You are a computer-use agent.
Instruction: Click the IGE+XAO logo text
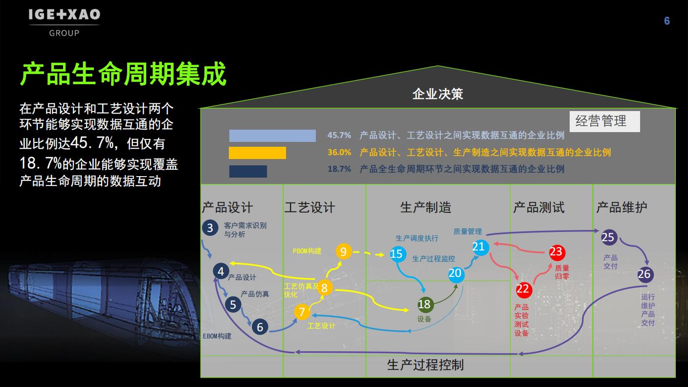pyautogui.click(x=65, y=15)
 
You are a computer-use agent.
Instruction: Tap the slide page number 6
pyautogui.click(x=667, y=21)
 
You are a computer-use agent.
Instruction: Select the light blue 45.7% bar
pyautogui.click(x=272, y=136)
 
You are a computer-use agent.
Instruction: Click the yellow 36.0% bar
pyautogui.click(x=257, y=153)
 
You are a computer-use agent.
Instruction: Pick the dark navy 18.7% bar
pyautogui.click(x=248, y=171)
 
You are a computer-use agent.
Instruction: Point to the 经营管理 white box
pyautogui.click(x=605, y=121)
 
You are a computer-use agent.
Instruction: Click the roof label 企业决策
pyautogui.click(x=437, y=94)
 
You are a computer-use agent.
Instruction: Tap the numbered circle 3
pyautogui.click(x=210, y=228)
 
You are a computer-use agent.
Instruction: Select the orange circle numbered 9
pyautogui.click(x=343, y=251)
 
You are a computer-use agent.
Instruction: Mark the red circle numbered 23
pyautogui.click(x=556, y=252)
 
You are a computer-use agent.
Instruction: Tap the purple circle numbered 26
pyautogui.click(x=645, y=274)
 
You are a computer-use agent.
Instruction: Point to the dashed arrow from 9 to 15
pyautogui.click(x=369, y=253)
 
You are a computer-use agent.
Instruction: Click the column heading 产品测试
pyautogui.click(x=539, y=207)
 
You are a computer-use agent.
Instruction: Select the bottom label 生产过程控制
pyautogui.click(x=425, y=365)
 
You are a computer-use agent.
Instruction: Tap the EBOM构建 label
pyautogui.click(x=217, y=336)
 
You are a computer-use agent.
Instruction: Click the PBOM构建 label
pyautogui.click(x=307, y=251)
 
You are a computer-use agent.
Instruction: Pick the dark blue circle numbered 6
pyautogui.click(x=260, y=327)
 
